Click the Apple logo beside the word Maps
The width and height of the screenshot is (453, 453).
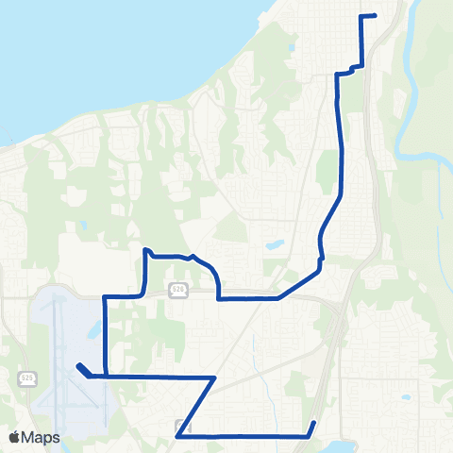pos(13,438)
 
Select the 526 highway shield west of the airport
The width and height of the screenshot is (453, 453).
pos(25,377)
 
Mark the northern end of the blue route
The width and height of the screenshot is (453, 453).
pos(375,15)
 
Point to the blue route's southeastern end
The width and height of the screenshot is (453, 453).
pos(313,423)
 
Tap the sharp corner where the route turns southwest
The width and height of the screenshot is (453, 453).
pos(215,377)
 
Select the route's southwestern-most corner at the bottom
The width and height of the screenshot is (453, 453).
pos(177,436)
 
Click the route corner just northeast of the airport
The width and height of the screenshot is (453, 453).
pos(104,297)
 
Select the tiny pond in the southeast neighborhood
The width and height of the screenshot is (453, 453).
pos(406,397)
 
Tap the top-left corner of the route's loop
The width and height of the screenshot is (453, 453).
pos(145,251)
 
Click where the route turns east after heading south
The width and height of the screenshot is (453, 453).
pos(218,298)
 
